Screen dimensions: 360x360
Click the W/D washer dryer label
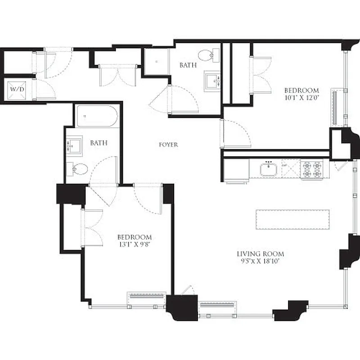pos(18,89)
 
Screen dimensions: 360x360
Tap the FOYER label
pos(168,145)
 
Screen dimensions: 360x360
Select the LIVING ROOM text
pos(261,254)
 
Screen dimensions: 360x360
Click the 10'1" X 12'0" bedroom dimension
pos(301,97)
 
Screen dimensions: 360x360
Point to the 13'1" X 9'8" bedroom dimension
pos(134,244)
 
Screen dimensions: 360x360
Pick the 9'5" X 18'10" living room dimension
pos(261,261)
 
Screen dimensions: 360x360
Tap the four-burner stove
pos(311,170)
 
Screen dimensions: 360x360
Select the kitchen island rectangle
pos(292,219)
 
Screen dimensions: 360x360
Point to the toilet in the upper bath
pos(207,56)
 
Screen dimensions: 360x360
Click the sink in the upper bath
pos(211,81)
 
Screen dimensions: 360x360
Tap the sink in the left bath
pos(74,145)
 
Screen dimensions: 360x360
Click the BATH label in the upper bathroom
pos(188,65)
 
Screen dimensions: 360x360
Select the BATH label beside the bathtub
pos(99,143)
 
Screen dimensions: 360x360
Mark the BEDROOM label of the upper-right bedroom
pos(301,90)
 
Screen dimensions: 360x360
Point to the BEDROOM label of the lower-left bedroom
pos(134,237)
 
